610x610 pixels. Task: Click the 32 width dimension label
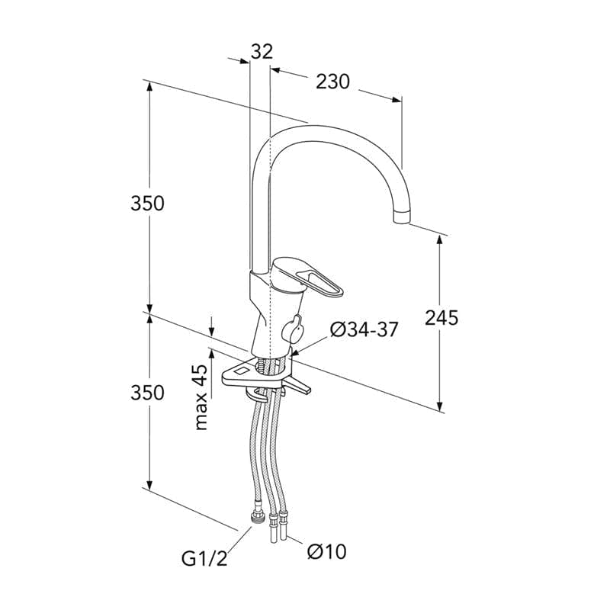(x=262, y=51)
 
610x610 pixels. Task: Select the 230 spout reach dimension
(x=332, y=82)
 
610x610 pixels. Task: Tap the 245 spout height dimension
(x=441, y=317)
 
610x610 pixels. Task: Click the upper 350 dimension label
(x=147, y=203)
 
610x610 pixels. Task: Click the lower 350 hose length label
(x=147, y=393)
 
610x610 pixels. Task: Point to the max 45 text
(x=201, y=397)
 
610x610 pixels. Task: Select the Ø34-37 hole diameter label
(x=364, y=330)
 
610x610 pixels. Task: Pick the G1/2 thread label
(x=204, y=558)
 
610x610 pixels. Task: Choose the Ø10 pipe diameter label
(x=327, y=551)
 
